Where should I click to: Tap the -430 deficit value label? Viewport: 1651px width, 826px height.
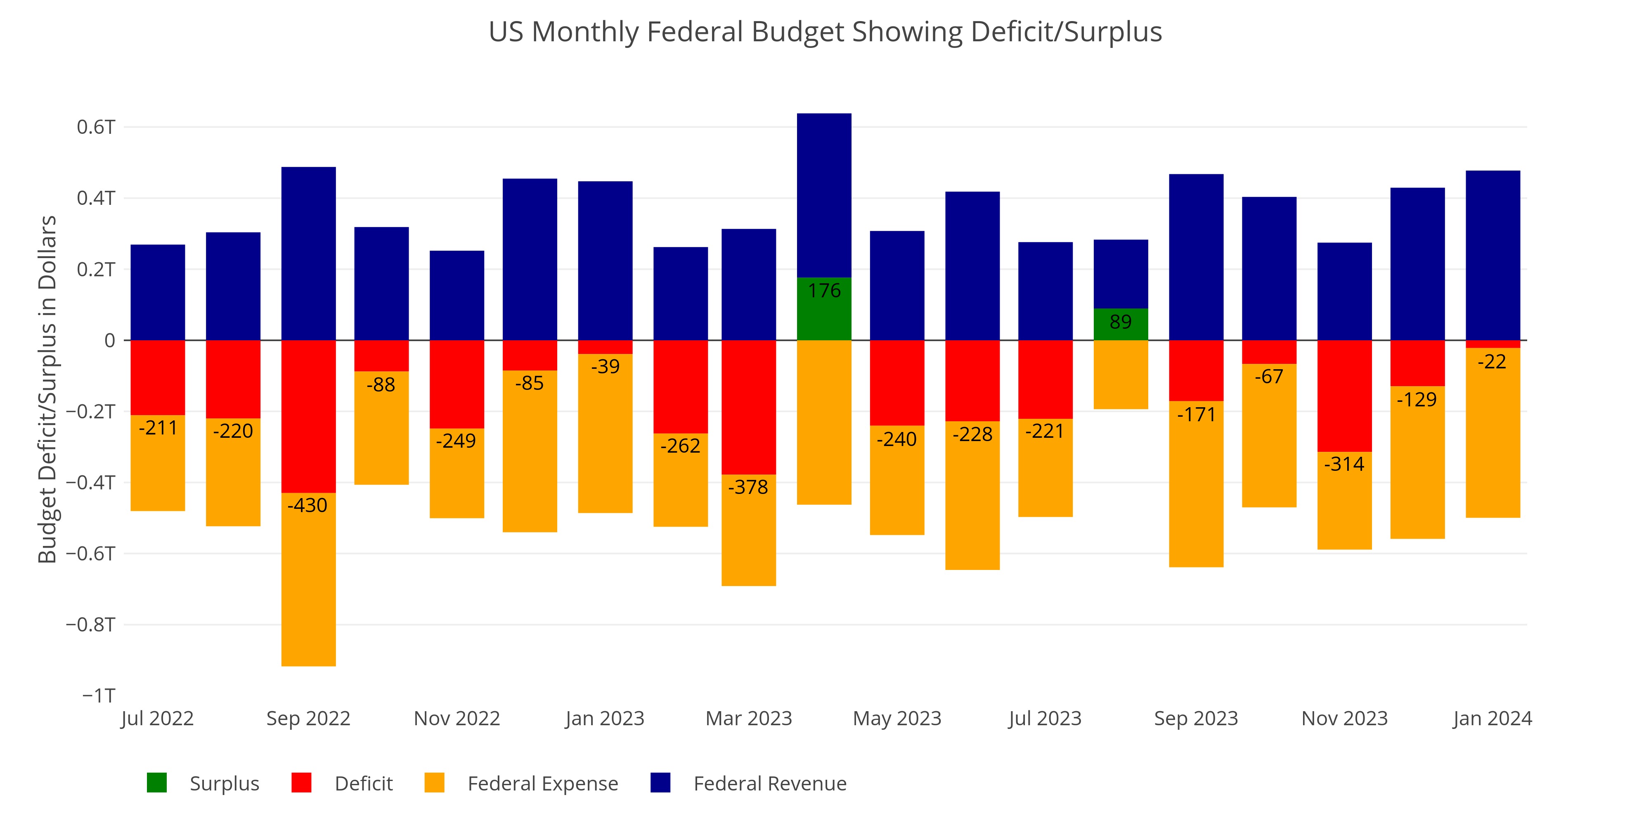coord(307,506)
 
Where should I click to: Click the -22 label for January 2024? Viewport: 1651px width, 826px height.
coord(1492,362)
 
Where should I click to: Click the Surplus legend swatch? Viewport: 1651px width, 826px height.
coord(157,783)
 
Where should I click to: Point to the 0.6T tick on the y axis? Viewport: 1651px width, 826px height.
coord(96,127)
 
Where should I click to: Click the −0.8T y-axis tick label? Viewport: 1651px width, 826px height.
coord(91,624)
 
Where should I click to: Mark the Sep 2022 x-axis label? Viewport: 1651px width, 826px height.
coord(308,718)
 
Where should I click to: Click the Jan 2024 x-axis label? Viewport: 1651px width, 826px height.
coord(1492,718)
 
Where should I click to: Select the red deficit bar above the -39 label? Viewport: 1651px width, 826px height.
coord(605,347)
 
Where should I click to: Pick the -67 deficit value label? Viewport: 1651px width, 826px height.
coord(1269,376)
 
